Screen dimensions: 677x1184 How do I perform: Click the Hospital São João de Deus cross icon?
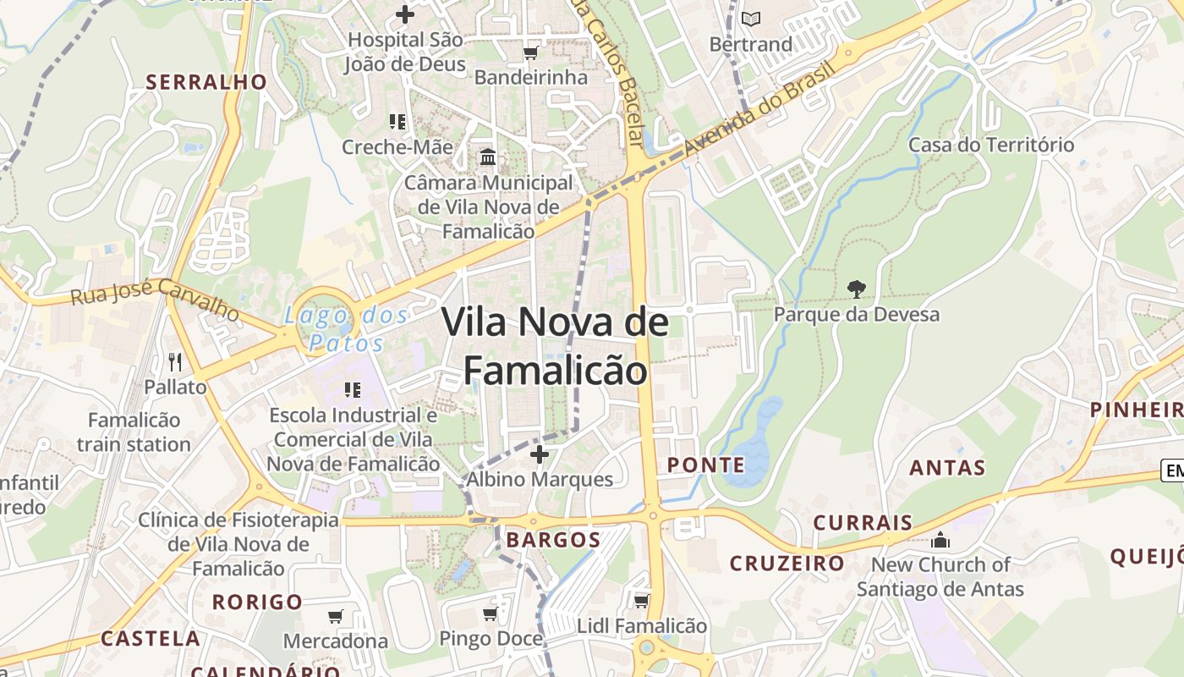(x=405, y=14)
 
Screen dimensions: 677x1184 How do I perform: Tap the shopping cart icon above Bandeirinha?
(x=530, y=53)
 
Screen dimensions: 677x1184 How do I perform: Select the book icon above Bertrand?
(x=751, y=18)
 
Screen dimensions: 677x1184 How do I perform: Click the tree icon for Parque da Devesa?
(x=857, y=289)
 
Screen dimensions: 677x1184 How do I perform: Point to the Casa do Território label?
(x=991, y=145)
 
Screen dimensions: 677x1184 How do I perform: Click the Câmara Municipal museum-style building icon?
(x=488, y=157)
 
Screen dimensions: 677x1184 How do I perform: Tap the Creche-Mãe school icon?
(x=397, y=122)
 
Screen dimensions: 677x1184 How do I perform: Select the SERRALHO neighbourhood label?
(x=206, y=82)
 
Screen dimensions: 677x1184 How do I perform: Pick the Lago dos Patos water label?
(x=346, y=329)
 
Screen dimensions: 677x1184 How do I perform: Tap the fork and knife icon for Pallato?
(x=175, y=362)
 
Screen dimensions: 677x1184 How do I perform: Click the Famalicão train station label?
(x=134, y=432)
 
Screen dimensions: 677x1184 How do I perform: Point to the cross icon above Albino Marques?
(x=539, y=455)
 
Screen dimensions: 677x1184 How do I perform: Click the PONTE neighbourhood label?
(x=706, y=465)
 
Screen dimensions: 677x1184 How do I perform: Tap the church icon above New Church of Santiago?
(x=940, y=540)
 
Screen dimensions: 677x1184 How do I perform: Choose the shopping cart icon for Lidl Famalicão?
(x=641, y=602)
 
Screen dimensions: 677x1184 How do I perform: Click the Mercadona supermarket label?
(x=336, y=641)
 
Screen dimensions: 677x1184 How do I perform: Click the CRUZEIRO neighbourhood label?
(x=787, y=563)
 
